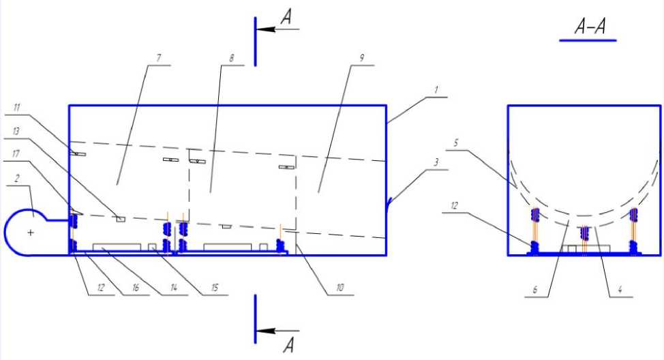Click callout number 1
click(x=437, y=89)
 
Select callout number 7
click(x=160, y=59)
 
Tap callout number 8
click(x=232, y=59)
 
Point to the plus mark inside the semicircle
click(x=31, y=232)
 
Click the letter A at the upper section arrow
click(x=288, y=17)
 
